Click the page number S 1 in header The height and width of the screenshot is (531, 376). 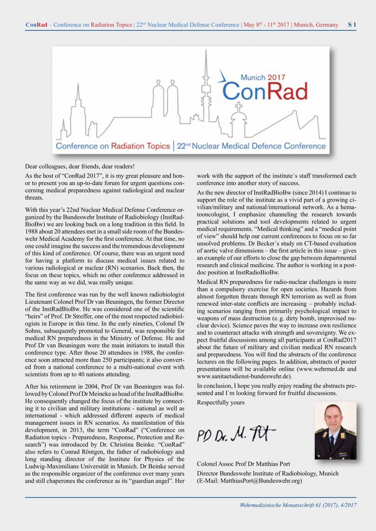coord(352,25)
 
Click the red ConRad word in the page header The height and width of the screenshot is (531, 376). coord(36,25)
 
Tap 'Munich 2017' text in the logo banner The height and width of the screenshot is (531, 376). coord(263,78)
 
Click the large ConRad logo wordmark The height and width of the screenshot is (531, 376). coord(265,91)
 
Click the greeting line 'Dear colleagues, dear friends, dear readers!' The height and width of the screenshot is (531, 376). coord(80,166)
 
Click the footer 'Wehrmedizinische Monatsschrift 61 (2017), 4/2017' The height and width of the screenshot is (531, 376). coord(298,505)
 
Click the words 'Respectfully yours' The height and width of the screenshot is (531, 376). coord(221,403)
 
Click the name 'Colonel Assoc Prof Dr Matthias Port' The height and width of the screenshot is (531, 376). coord(243,464)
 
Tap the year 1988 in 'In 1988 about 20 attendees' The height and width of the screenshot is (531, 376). coord(32,232)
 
